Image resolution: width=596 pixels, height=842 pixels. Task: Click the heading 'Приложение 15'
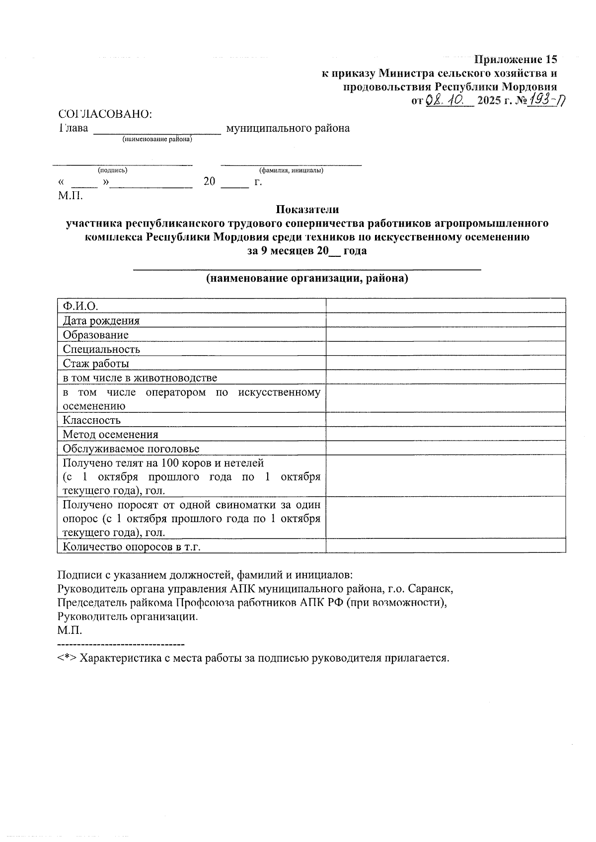tap(516, 60)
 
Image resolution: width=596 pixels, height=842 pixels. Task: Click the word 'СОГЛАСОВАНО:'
tap(105, 114)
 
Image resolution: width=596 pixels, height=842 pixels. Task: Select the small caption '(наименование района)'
tap(157, 140)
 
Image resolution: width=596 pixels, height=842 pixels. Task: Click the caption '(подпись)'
tap(112, 170)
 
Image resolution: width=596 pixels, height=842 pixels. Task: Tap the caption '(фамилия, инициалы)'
tap(291, 170)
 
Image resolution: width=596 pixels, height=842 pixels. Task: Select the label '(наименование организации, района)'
tap(307, 278)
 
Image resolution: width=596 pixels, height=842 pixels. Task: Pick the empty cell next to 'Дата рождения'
tap(446, 320)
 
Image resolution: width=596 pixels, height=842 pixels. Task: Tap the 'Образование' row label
tap(95, 335)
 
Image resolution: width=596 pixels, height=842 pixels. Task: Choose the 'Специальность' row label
tap(101, 349)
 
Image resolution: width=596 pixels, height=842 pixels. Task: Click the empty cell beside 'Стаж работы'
tap(446, 363)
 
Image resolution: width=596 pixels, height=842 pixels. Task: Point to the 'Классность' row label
tap(91, 420)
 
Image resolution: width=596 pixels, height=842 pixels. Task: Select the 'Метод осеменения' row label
tap(110, 434)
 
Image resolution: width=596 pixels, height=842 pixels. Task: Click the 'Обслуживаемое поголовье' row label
tap(131, 449)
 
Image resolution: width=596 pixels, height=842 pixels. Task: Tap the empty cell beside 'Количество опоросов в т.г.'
tap(446, 546)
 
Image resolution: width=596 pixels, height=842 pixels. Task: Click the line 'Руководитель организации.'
tap(128, 616)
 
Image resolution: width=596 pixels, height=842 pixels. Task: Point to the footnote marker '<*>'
tap(67, 658)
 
